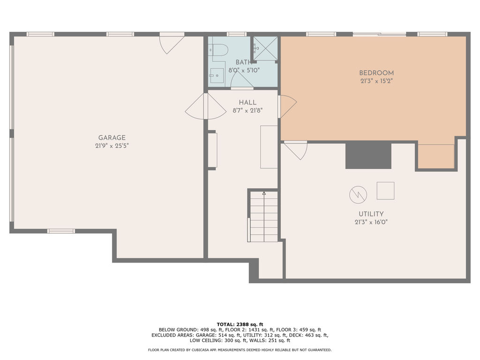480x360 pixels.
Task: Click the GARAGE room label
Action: click(x=112, y=138)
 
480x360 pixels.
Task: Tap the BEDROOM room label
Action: click(x=376, y=73)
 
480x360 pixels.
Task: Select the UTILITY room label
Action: click(x=371, y=214)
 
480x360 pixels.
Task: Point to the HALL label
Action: click(x=247, y=103)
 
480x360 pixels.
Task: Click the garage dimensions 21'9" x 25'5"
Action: click(x=112, y=146)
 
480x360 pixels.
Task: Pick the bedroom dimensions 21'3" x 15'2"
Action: click(x=376, y=81)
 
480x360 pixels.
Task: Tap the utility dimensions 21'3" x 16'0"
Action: click(x=371, y=222)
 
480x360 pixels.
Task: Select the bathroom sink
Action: click(x=217, y=75)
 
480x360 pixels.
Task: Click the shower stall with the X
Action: click(x=266, y=48)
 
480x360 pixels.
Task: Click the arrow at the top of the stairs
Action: click(x=264, y=194)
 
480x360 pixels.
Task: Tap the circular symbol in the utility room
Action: click(x=358, y=195)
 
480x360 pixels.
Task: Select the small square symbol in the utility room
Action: click(x=385, y=191)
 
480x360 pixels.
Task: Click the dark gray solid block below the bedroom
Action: click(x=368, y=156)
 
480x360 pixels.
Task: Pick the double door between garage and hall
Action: click(x=206, y=106)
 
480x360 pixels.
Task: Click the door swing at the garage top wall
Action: click(x=172, y=44)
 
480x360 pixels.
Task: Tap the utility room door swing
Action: click(x=295, y=150)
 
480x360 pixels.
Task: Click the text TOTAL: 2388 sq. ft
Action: click(x=240, y=324)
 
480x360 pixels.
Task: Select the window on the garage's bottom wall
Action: click(x=61, y=231)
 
